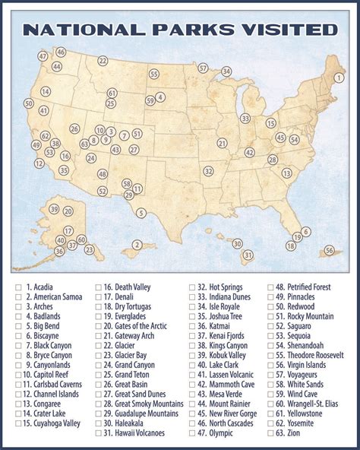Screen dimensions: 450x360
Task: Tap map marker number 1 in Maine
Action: pyautogui.click(x=340, y=76)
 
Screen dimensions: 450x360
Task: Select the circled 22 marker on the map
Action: pyautogui.click(x=103, y=61)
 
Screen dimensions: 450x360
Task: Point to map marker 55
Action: pyautogui.click(x=154, y=74)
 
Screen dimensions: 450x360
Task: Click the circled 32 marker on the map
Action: pyautogui.click(x=207, y=172)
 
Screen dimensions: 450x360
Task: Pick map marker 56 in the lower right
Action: pyautogui.click(x=329, y=249)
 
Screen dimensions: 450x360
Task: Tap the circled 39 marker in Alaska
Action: pyautogui.click(x=54, y=209)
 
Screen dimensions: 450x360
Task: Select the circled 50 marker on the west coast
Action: pyautogui.click(x=29, y=103)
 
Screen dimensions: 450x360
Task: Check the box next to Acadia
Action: pyautogui.click(x=17, y=287)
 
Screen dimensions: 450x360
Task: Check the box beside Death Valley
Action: pyautogui.click(x=98, y=287)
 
